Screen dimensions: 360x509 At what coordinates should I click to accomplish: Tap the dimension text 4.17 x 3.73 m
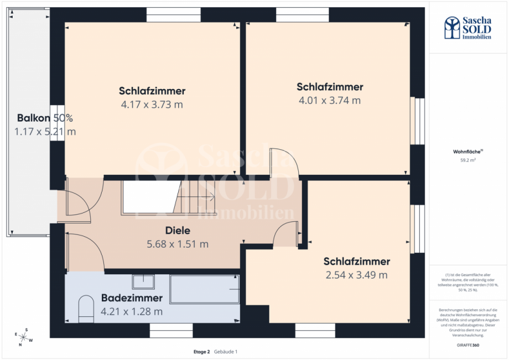(x=152, y=105)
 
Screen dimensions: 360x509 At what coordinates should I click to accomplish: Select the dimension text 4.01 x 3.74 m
(x=330, y=101)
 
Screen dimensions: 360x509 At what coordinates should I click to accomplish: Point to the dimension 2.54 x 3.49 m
(x=356, y=275)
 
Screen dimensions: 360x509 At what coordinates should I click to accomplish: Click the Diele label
(x=178, y=231)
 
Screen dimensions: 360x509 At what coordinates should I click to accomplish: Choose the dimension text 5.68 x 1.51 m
(x=178, y=244)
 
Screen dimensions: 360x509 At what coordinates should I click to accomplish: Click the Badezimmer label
(x=132, y=298)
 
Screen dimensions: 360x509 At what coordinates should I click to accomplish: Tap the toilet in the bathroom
(x=86, y=309)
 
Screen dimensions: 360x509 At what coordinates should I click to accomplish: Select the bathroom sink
(x=143, y=281)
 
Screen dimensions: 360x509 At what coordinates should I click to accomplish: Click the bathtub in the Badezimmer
(x=204, y=289)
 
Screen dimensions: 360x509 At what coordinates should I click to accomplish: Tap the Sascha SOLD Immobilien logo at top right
(x=468, y=27)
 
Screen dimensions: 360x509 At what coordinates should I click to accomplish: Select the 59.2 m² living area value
(x=468, y=160)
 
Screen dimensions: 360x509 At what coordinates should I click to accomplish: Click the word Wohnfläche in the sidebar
(x=467, y=151)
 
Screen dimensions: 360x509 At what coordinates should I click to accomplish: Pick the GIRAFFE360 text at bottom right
(x=468, y=344)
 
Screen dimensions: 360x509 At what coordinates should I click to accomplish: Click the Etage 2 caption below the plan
(x=201, y=352)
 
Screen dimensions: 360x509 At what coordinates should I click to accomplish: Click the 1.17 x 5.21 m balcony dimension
(x=45, y=132)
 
